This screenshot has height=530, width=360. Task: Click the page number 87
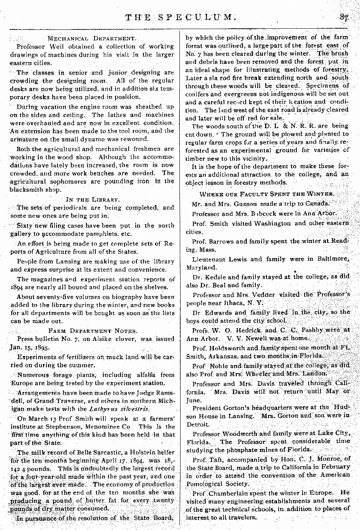pyautogui.click(x=343, y=17)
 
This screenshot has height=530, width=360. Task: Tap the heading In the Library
pyautogui.click(x=92, y=200)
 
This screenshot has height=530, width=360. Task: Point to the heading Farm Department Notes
pyautogui.click(x=93, y=331)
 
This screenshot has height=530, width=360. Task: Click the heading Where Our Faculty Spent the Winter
pyautogui.click(x=266, y=194)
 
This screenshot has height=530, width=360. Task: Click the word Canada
pyautogui.click(x=317, y=204)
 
